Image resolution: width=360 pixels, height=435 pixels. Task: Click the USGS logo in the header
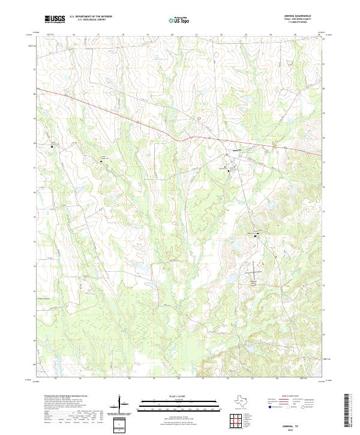coord(55,19)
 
